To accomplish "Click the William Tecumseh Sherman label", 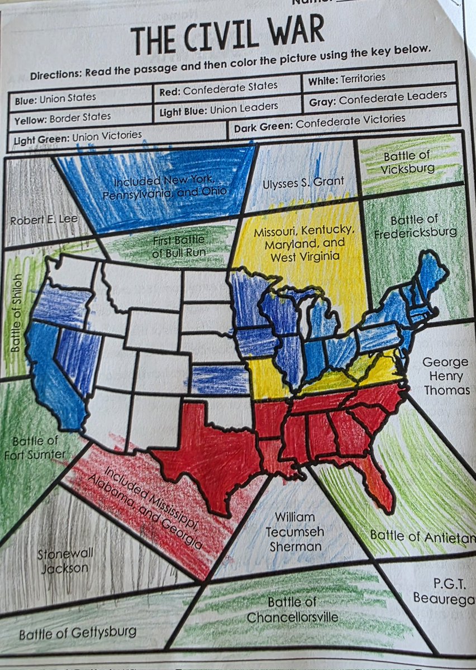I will (295, 532).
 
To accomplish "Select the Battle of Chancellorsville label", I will (292, 610).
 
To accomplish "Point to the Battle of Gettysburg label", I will (78, 633).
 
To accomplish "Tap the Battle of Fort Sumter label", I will (35, 448).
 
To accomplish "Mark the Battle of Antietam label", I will (422, 537).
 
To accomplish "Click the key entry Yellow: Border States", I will (63, 117).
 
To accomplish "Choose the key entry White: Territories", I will (346, 79).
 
